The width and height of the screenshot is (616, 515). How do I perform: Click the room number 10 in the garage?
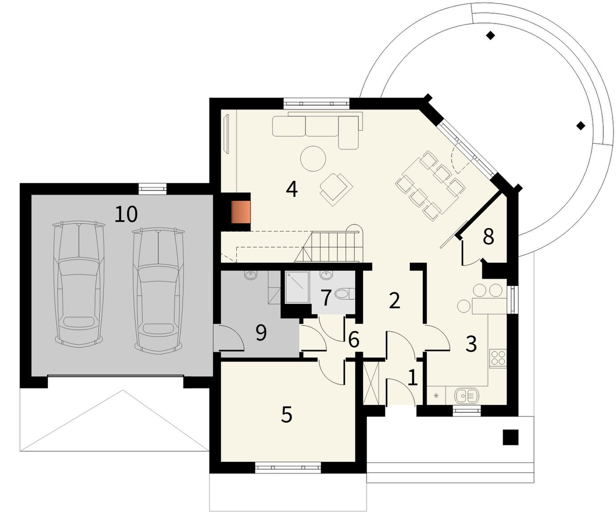(x=126, y=214)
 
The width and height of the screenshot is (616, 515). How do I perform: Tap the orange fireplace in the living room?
(x=241, y=212)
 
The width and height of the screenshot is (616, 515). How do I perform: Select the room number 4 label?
(x=292, y=189)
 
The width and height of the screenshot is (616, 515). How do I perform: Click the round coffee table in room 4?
(x=313, y=158)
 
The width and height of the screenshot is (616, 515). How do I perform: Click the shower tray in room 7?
(x=297, y=287)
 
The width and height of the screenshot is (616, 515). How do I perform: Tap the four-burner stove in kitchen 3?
(x=498, y=358)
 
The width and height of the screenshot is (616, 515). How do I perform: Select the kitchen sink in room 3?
(x=467, y=396)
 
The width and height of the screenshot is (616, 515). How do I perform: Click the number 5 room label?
(x=286, y=414)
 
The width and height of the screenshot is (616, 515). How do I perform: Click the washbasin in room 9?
(x=251, y=275)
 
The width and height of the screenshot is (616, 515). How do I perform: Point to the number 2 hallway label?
(x=395, y=301)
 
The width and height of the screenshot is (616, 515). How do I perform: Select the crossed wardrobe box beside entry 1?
(x=371, y=383)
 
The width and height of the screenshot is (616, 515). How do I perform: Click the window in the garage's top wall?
(x=153, y=189)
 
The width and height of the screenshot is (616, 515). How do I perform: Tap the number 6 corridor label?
(x=354, y=340)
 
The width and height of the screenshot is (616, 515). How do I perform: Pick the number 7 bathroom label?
(x=326, y=298)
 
